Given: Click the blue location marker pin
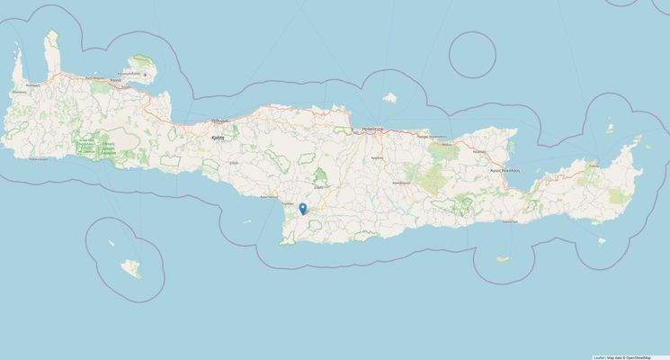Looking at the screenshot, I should (x=304, y=210).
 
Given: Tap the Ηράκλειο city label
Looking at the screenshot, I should (x=373, y=130).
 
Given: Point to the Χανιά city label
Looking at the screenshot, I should (x=116, y=80).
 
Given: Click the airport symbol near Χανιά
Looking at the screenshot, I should (x=143, y=74).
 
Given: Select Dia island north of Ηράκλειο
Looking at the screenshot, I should (x=391, y=96).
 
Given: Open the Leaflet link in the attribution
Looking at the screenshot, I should (x=598, y=356).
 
